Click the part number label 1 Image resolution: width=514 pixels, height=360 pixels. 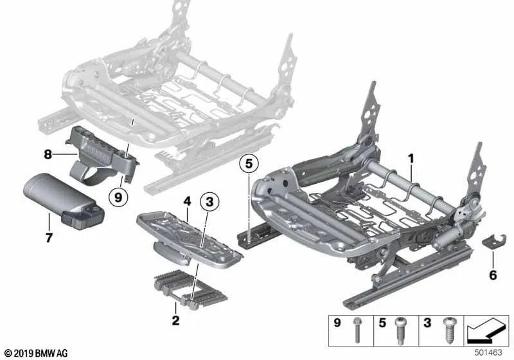411,156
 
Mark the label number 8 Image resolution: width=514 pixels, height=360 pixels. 48,154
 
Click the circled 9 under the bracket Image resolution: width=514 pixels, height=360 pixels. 118,197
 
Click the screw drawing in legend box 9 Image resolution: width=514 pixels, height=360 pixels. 356,332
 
